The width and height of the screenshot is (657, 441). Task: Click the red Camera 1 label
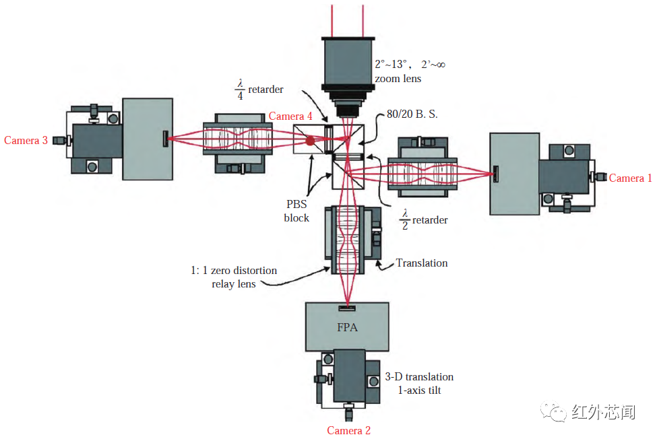pos(630,178)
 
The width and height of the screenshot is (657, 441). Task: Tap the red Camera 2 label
pos(348,430)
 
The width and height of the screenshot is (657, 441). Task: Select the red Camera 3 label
pos(26,141)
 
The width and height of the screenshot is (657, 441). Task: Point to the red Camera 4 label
pos(290,116)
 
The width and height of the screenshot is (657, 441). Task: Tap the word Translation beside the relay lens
pos(422,263)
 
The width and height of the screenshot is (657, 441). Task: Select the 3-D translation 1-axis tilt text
pos(419,383)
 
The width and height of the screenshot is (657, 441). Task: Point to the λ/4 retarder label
pos(259,89)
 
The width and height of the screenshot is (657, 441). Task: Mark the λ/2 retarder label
pos(425,219)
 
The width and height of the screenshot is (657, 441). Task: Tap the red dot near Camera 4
pos(310,141)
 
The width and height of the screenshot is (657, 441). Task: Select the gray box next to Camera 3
pos(147,139)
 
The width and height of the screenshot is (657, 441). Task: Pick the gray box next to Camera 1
pos(514,173)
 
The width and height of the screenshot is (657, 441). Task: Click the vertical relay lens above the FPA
pos(348,240)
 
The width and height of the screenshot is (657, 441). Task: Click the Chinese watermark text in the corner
pos(602,411)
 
